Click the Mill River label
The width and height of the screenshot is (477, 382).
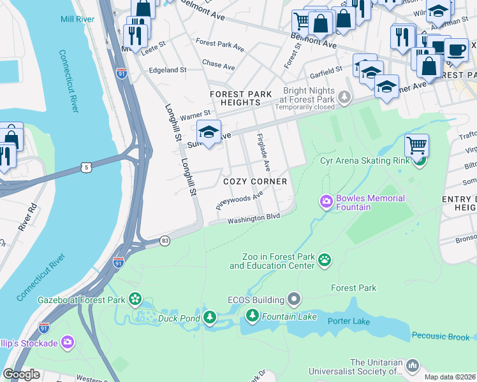tap(78, 20)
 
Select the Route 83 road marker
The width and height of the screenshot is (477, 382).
tap(165, 241)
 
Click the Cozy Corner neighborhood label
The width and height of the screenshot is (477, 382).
tap(255, 181)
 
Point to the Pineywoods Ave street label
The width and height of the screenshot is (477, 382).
tap(239, 202)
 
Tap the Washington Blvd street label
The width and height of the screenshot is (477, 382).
tap(254, 218)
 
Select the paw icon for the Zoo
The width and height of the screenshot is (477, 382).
tap(325, 259)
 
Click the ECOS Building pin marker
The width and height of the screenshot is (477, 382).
tap(293, 298)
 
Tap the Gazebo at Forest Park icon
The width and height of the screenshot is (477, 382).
tap(135, 298)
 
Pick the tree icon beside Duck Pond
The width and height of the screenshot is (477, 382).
tap(209, 318)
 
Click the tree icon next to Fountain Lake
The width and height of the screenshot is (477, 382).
tap(253, 315)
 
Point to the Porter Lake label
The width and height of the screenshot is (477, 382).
tap(349, 321)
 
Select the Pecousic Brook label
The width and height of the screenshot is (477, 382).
tap(440, 336)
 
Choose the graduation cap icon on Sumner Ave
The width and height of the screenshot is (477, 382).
tap(209, 132)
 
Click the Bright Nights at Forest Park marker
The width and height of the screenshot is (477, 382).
tap(344, 97)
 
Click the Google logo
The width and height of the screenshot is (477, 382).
tap(21, 374)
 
